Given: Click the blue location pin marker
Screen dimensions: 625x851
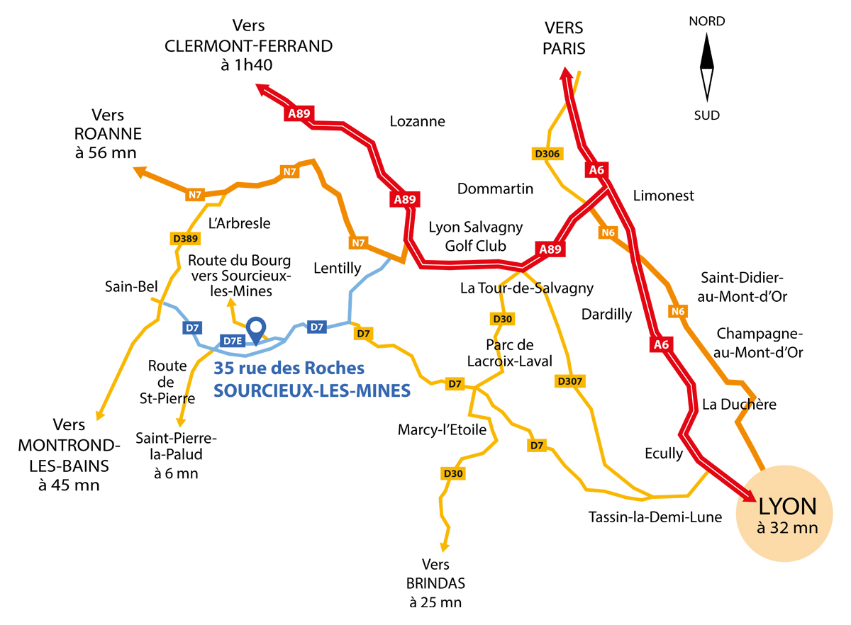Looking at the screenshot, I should coord(257,328).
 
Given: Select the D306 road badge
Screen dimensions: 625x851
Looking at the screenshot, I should coord(547,154).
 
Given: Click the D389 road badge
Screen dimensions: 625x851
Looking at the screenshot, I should coord(185,239).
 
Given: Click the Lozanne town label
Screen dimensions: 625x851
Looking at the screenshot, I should coord(418,122).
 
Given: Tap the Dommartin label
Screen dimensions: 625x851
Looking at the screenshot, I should coord(495,189).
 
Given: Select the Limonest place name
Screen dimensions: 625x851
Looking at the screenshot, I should coord(663,196).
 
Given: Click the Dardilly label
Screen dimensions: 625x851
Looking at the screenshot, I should coord(606,315).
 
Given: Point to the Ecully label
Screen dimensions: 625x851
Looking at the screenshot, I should coord(664,453).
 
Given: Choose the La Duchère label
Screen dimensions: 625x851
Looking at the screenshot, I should coord(739,405).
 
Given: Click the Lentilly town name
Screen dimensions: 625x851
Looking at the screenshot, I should coord(338,268).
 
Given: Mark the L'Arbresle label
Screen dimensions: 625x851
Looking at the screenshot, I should coord(240,223).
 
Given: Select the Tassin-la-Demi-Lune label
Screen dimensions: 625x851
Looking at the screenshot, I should coord(655,517).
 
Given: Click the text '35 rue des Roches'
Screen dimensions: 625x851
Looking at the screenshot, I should coord(289,368).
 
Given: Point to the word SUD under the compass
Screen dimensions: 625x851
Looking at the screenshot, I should coord(706,115).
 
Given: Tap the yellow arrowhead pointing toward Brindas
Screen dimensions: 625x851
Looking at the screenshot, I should coord(445,546).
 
